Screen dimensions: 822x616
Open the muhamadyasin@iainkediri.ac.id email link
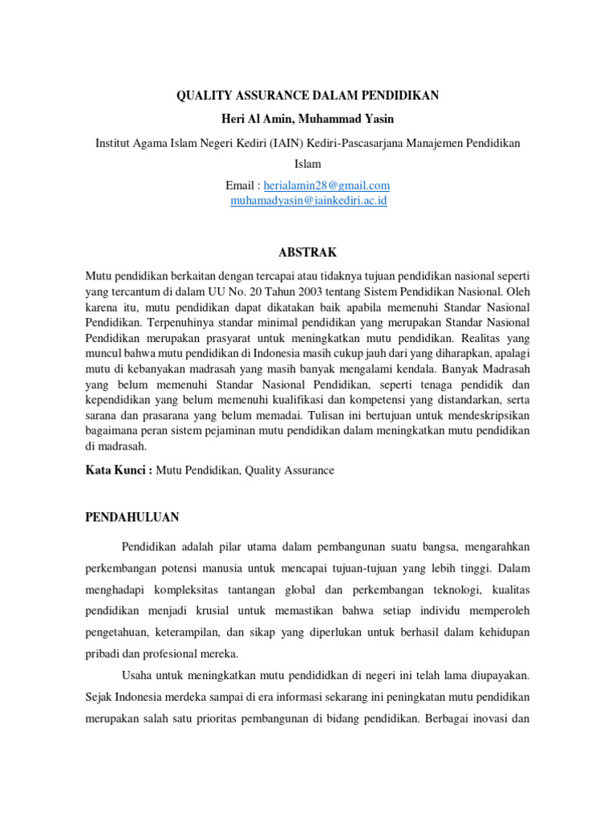coord(309,201)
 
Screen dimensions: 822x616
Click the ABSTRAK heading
coord(308,251)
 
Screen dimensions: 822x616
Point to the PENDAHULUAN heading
coord(132,516)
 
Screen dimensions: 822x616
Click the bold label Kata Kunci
coord(117,470)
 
